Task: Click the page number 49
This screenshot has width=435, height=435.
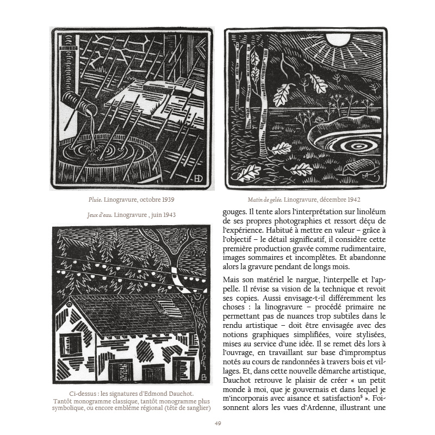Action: [217, 424]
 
